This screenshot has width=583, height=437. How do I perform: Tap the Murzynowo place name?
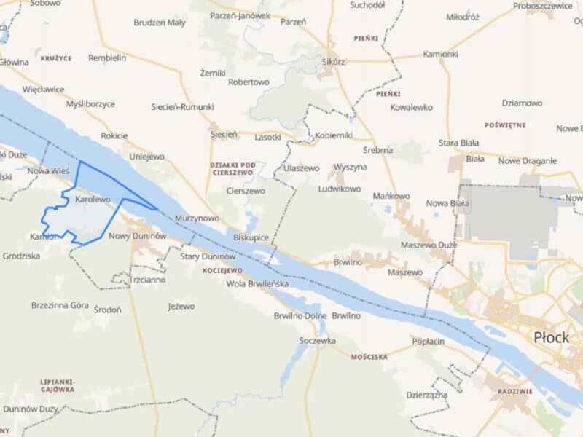coord(196,218)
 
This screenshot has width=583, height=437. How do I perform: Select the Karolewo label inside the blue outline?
coord(92,199)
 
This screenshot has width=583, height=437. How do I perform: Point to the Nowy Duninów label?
coord(138,236)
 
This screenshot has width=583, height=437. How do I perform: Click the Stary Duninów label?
coord(208,256)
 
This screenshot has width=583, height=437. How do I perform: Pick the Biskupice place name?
coord(251,237)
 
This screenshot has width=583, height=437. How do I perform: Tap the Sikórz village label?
coord(332,62)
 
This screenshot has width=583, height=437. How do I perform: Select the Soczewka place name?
coord(317,340)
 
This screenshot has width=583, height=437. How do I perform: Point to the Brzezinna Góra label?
coord(60,305)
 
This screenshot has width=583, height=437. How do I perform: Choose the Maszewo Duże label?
coord(432,245)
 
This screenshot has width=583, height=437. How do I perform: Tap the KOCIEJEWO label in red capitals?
coord(218,270)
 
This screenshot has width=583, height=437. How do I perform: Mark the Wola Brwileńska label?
coord(257,284)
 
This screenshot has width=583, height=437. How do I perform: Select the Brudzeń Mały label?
coord(159,23)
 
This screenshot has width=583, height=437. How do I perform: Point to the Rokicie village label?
coord(114,135)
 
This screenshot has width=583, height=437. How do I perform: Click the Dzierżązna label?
coord(426,394)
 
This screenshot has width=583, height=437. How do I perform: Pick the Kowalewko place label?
coord(411,107)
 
